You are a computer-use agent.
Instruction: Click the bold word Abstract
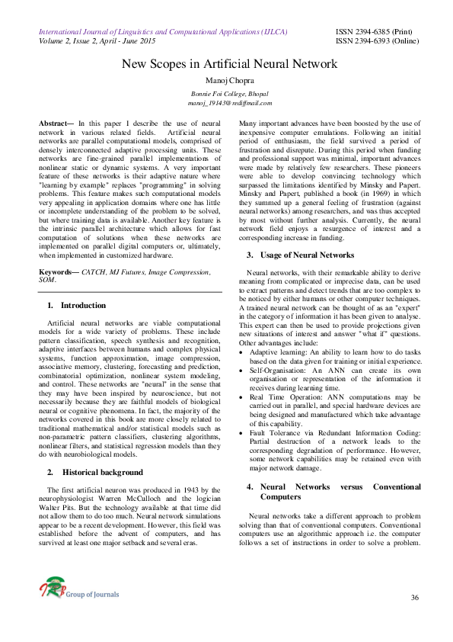[x=56, y=123]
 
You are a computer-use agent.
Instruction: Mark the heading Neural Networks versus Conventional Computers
[x=333, y=491]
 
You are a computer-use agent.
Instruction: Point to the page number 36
[x=415, y=597]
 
